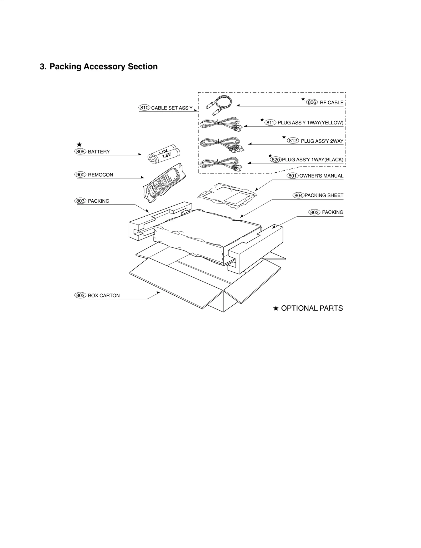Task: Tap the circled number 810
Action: (144, 108)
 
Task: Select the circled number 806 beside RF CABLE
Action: (312, 102)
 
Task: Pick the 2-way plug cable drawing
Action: (222, 144)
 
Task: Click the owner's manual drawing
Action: (227, 195)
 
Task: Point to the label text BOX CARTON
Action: (104, 296)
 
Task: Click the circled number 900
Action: (80, 175)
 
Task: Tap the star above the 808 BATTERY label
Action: (79, 145)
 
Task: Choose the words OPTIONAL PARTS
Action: (312, 308)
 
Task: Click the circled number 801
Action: (293, 176)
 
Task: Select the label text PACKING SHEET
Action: (324, 195)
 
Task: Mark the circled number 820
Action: (276, 160)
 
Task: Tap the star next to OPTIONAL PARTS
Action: (276, 308)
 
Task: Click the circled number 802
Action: (80, 296)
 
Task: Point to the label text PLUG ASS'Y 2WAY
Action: (322, 141)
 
